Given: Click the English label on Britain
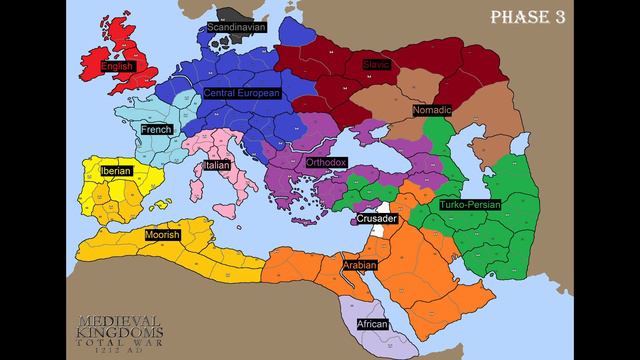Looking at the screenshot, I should point(117,67).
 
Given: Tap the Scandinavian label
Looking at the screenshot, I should point(236,27).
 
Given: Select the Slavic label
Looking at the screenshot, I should point(377,65).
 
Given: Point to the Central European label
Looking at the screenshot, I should point(241,92).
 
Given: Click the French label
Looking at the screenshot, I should point(156,130).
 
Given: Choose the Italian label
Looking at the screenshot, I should point(217,165).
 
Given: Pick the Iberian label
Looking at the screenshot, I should point(114,171).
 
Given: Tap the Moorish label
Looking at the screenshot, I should point(162,235).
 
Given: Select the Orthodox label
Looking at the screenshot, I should point(326,161).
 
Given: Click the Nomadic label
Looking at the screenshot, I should point(432,109).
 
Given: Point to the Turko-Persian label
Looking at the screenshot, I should point(470,204).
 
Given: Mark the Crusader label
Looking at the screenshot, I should point(377,218).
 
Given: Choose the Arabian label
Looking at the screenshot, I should point(360,266).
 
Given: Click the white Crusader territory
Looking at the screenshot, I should point(379,230).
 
